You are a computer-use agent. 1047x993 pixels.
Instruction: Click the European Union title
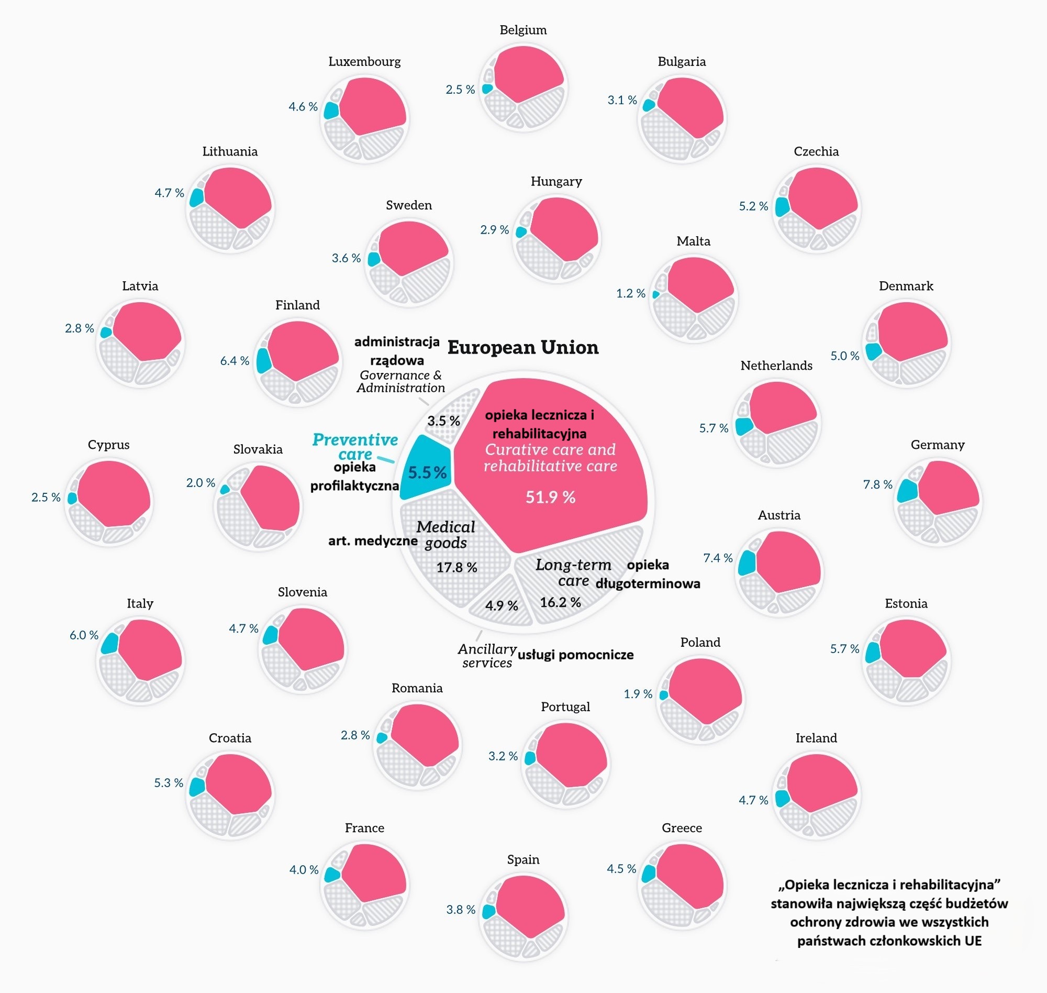pos(522,348)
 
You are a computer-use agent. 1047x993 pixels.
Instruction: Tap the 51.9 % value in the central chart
pos(550,497)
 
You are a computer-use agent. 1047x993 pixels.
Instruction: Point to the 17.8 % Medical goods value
pos(456,567)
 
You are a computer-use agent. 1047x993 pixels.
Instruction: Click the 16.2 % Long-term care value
pos(560,602)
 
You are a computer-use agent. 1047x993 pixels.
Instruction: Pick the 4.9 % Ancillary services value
pos(502,605)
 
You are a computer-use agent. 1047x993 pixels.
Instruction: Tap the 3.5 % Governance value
pos(443,421)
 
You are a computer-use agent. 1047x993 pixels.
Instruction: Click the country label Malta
pos(693,241)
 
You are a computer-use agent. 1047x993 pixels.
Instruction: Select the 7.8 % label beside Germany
pos(877,484)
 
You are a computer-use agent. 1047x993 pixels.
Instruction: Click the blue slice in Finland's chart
pos(263,361)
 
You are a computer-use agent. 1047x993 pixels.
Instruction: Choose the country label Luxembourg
pos(364,61)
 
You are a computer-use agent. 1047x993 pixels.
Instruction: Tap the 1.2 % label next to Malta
pos(631,293)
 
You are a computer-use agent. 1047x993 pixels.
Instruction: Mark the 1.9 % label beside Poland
pos(638,694)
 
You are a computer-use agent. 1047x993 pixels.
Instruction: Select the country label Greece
pos(682,828)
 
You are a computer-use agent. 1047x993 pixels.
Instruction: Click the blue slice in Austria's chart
pos(746,562)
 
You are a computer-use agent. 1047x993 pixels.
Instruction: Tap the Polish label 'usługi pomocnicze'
pos(575,655)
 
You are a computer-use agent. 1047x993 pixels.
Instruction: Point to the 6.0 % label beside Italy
pos(84,635)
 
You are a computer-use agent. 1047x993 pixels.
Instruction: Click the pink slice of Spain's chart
pos(529,906)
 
